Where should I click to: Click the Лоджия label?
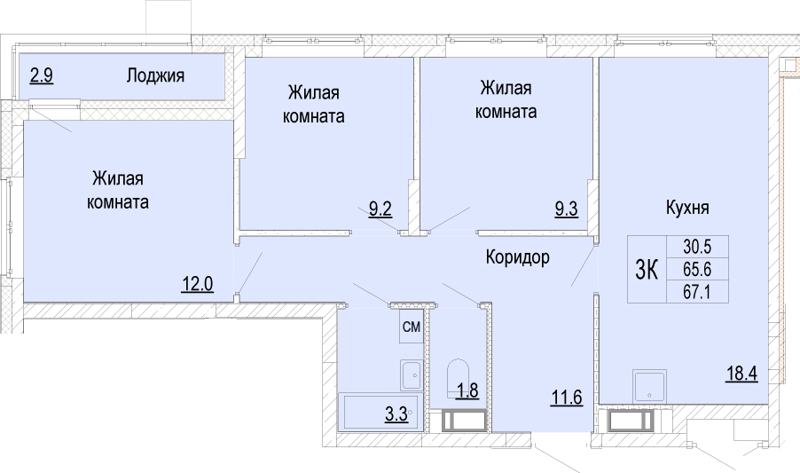tap(155, 76)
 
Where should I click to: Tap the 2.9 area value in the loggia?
tap(42, 76)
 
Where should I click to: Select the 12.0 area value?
tap(198, 283)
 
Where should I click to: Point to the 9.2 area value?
tap(380, 209)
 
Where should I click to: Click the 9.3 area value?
tap(567, 209)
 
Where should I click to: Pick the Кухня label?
tap(687, 208)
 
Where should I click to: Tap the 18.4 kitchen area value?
tap(741, 374)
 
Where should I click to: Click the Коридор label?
tap(517, 257)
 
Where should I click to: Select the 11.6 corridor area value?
tap(567, 397)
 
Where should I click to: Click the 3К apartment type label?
tap(647, 270)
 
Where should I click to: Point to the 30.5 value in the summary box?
tap(697, 247)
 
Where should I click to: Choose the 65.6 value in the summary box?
tap(697, 269)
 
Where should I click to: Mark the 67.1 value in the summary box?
tap(697, 292)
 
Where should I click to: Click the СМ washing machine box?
tap(412, 327)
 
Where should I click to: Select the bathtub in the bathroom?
tap(381, 412)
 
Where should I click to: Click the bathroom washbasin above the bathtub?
tap(412, 374)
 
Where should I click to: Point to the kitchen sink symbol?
tap(649, 386)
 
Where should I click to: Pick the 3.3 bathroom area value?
tap(396, 414)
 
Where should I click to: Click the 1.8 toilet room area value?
tap(467, 390)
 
